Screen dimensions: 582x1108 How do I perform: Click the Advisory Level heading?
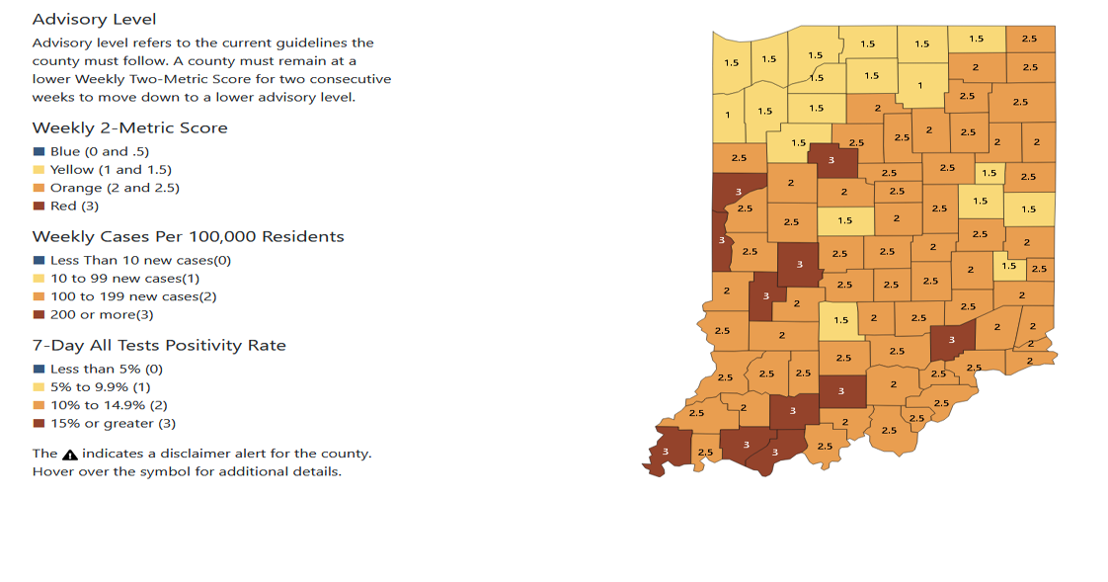[x=94, y=20]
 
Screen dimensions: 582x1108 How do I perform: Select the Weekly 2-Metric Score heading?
[x=129, y=128]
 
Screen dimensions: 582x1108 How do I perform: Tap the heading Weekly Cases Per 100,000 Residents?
[x=188, y=237]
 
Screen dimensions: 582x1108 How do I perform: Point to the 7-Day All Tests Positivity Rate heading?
[x=159, y=346]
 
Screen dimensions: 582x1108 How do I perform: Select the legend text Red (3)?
[x=74, y=207]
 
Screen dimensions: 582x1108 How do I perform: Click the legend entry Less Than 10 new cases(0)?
[x=140, y=261]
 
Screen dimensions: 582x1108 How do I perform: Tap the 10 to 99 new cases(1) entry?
[x=125, y=279]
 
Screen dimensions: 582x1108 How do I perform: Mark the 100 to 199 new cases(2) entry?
[x=133, y=296]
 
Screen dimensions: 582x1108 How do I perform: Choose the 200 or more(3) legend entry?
[x=102, y=315]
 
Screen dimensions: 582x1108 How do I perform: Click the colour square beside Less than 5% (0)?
[x=39, y=370]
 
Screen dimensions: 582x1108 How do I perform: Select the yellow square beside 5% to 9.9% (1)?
[x=39, y=387]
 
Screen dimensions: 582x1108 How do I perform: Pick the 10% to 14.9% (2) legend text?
[x=109, y=405]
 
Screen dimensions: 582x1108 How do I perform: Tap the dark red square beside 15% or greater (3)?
[x=39, y=424]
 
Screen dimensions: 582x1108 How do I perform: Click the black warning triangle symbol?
[x=70, y=455]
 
